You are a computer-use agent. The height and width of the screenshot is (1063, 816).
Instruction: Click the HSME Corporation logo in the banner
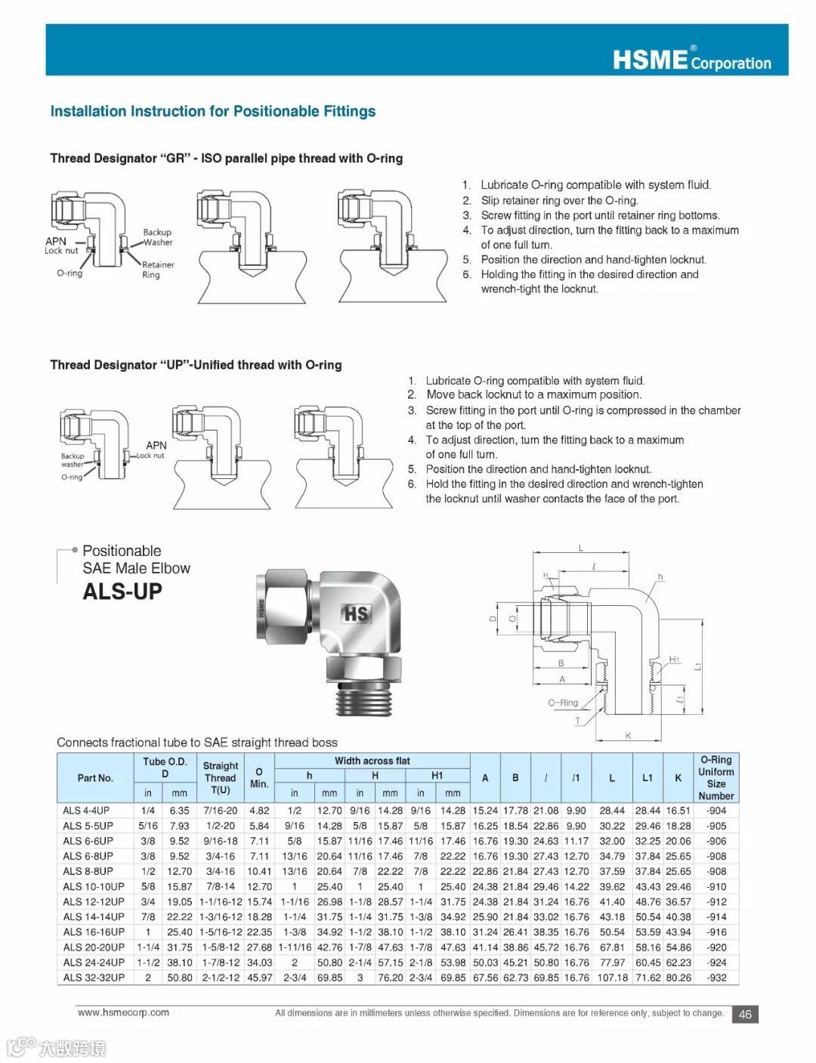691,59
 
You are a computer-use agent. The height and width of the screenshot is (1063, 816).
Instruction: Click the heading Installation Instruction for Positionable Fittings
212,112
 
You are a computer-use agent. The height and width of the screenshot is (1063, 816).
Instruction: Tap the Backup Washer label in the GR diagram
157,237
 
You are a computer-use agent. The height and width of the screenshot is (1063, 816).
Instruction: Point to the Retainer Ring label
158,270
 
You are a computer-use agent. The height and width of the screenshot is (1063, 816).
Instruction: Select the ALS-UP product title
122,592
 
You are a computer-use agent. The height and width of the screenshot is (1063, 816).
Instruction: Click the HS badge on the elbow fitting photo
356,613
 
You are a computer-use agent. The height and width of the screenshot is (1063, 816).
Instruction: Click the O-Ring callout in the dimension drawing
563,703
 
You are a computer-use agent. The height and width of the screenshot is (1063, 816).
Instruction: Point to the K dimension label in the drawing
628,736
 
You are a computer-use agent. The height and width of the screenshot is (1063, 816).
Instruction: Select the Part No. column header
95,777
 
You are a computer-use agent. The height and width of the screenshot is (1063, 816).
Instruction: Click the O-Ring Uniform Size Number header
716,777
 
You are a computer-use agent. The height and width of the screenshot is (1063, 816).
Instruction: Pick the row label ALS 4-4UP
86,811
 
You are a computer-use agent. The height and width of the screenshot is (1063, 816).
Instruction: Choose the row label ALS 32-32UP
94,978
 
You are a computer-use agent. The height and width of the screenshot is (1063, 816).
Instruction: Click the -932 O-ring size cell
716,978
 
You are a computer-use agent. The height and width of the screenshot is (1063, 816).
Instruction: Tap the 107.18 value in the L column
612,978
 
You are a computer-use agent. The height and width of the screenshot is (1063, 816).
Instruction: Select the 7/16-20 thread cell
220,811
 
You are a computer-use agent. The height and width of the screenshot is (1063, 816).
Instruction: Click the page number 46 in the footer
745,1015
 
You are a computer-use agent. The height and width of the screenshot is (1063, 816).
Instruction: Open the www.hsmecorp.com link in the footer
123,1012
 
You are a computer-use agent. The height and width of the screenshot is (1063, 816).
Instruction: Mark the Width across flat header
372,761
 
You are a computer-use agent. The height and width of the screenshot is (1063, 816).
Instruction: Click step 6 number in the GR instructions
467,275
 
